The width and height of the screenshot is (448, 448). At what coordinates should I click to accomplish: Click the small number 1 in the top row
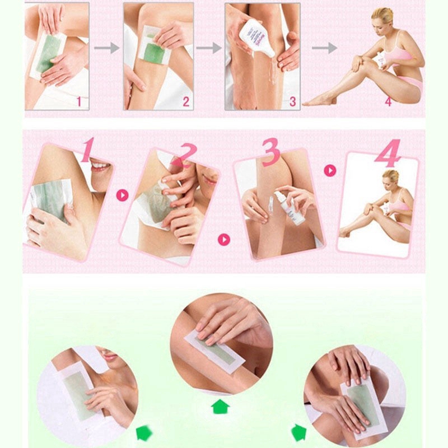pyautogui.click(x=79, y=101)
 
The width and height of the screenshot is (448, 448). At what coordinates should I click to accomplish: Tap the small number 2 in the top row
pyautogui.click(x=185, y=101)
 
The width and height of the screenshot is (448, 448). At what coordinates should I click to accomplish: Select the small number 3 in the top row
pyautogui.click(x=292, y=101)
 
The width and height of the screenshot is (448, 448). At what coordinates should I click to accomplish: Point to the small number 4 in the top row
pyautogui.click(x=388, y=101)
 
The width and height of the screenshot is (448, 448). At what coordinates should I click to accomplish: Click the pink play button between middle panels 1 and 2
pyautogui.click(x=123, y=195)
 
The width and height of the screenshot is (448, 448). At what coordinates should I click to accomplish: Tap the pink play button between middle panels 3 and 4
pyautogui.click(x=330, y=170)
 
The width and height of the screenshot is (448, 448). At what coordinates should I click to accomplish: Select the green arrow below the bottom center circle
pyautogui.click(x=221, y=405)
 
